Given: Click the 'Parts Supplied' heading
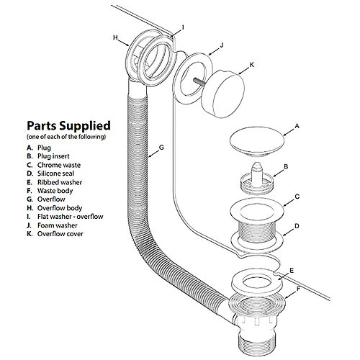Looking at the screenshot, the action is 68,126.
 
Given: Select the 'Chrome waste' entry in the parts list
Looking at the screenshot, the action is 59,165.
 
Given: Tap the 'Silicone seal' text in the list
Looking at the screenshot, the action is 55,174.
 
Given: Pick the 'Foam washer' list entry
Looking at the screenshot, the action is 58,225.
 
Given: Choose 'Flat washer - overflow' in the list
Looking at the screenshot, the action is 71,217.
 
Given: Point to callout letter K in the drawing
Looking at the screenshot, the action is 251,65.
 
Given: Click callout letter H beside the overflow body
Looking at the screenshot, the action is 116,37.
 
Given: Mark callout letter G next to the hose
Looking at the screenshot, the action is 161,148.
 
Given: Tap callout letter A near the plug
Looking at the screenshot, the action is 297,126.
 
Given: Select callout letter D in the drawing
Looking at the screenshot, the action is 297,226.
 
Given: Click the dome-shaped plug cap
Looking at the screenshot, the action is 257,142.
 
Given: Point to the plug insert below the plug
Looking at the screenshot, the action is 257,179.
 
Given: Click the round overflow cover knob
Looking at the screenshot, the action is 222,94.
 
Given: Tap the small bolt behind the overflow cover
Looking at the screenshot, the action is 199,82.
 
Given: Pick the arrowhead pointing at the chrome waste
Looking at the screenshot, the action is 284,205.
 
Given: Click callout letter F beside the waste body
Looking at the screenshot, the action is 298,289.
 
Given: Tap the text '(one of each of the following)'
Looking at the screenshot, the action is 66,137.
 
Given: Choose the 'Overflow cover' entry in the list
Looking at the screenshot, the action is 60,234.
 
